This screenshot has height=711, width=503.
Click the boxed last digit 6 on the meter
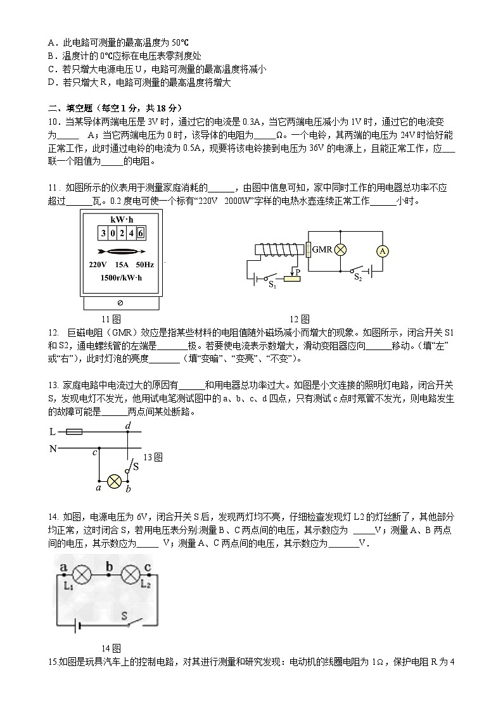click(141, 232)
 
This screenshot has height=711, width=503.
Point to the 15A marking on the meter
click(120, 265)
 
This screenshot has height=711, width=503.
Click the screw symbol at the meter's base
click(120, 303)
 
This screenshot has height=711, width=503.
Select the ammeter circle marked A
click(382, 251)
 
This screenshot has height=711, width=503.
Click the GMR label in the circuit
click(322, 250)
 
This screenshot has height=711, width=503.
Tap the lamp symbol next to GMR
click(340, 250)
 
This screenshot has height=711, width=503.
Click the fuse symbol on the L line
click(73, 432)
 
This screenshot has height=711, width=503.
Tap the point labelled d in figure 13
click(128, 426)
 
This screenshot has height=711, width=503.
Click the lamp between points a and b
click(114, 481)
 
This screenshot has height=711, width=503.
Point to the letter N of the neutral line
click(53, 449)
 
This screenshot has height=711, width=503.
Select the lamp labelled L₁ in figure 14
click(81, 576)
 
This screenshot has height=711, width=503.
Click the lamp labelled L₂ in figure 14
click(131, 576)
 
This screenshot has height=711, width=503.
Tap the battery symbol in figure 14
click(78, 626)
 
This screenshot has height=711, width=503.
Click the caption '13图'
click(153, 456)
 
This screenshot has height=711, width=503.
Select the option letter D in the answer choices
click(51, 82)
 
